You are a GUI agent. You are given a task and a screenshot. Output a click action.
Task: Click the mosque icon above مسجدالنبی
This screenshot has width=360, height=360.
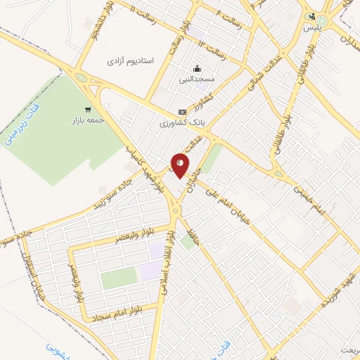point(198,69)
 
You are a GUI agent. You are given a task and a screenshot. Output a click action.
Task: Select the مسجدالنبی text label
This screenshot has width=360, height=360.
point(198,79)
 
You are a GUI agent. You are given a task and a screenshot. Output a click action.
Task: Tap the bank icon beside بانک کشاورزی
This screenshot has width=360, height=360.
point(183,112)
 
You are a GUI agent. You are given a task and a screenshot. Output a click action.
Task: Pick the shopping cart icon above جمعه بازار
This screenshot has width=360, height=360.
point(87,109)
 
